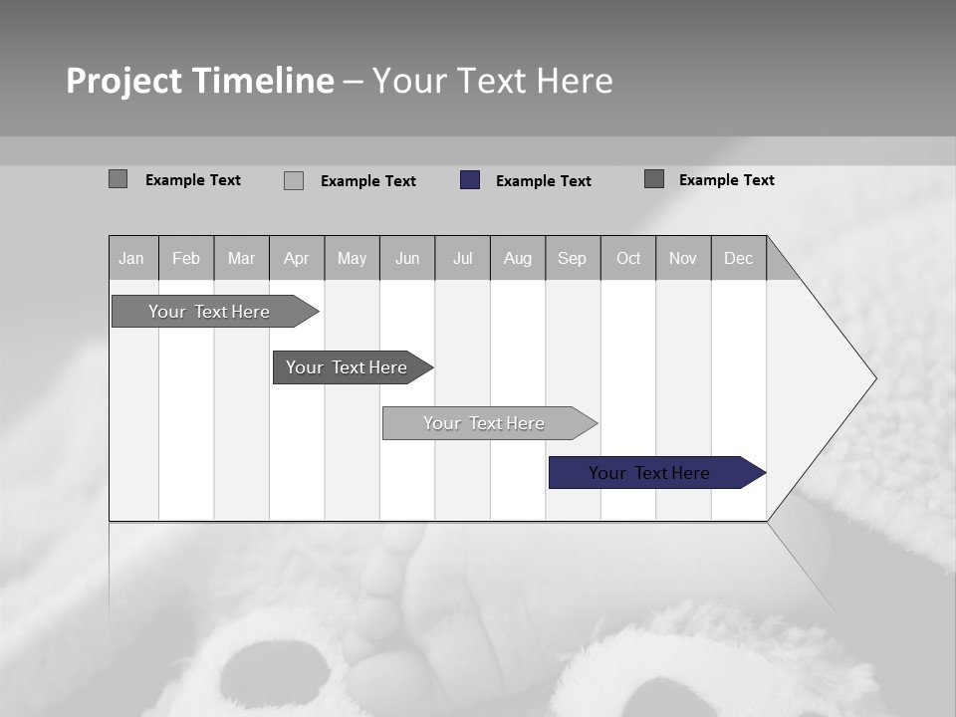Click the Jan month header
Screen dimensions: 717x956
[132, 258]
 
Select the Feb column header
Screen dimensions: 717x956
[186, 258]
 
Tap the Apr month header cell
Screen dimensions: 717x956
[297, 258]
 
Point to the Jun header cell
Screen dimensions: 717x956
[407, 258]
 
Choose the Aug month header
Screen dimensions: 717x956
[518, 258]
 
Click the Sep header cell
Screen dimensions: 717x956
[573, 258]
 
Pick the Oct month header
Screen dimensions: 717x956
[628, 258]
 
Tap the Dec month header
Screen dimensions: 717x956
[739, 258]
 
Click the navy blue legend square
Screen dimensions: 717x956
[470, 180]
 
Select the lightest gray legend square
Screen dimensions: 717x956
[294, 181]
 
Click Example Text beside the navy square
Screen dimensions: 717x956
[544, 181]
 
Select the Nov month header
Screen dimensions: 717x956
[683, 258]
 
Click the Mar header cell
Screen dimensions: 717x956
[242, 258]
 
